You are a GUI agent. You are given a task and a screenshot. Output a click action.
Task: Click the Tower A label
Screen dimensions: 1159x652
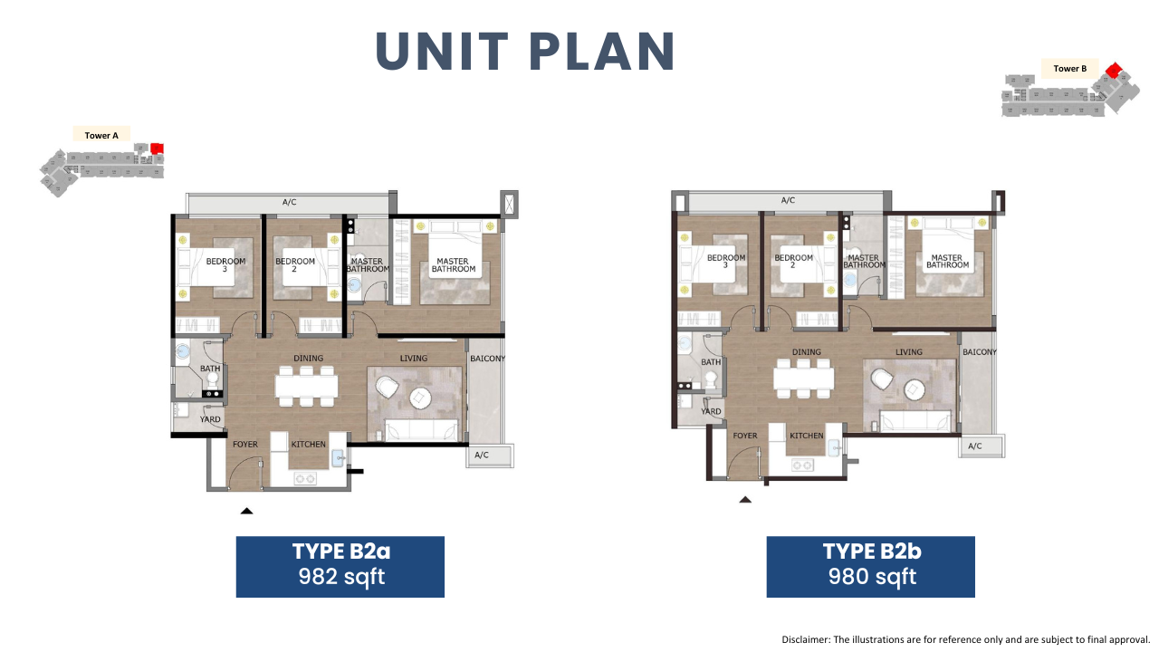[x=101, y=136]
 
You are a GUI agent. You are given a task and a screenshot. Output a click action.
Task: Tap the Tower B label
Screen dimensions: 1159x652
[x=1070, y=69]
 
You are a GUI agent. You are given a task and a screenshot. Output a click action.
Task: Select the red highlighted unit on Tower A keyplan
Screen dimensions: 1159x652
[x=158, y=149]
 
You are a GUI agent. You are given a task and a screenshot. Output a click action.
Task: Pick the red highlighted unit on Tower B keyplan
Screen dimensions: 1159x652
[x=1114, y=70]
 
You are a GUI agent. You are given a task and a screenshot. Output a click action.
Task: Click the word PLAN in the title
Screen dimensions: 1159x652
[x=602, y=52]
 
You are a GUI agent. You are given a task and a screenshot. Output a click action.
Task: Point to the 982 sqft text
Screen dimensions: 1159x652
[x=341, y=577]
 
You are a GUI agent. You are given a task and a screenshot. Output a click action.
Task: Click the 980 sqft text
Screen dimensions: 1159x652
[x=872, y=577]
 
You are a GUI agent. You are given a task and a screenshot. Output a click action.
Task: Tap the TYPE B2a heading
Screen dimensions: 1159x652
[x=341, y=551]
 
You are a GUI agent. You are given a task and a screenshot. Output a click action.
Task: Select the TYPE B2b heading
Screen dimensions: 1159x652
[x=872, y=551]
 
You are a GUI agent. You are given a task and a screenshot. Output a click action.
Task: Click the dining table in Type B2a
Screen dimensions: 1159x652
[x=306, y=386]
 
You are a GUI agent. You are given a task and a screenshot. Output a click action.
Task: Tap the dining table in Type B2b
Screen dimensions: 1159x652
[x=803, y=379]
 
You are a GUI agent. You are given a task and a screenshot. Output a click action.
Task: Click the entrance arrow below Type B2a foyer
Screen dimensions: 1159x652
[x=247, y=511]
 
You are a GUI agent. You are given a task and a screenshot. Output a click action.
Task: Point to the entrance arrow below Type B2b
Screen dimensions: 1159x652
[x=745, y=499]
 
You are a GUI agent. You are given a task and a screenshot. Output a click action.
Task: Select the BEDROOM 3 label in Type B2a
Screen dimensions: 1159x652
[x=225, y=265]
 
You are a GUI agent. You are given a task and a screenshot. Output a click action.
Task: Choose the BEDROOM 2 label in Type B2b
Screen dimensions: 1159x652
[x=794, y=262]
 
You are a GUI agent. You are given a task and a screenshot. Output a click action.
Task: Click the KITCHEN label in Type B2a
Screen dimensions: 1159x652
[x=309, y=445]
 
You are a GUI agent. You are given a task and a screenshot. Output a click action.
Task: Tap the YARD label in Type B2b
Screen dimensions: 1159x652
[x=711, y=411]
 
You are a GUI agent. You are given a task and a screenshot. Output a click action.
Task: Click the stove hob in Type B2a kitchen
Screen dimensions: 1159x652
[x=305, y=479]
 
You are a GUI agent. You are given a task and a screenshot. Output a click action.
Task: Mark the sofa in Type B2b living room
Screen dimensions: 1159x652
[x=915, y=422]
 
